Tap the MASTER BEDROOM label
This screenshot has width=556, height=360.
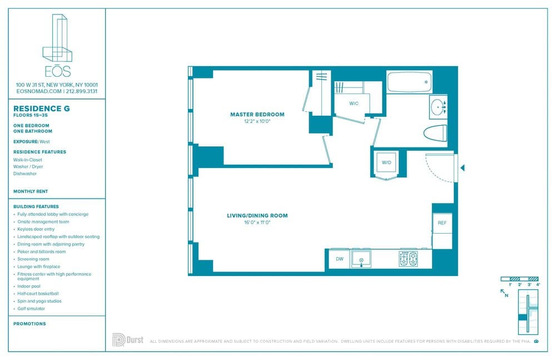(x=257, y=115)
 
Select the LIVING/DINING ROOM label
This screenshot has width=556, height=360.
(x=257, y=215)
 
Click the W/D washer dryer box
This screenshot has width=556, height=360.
(x=386, y=162)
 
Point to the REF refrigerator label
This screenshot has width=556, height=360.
(x=442, y=223)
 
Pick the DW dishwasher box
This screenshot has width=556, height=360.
(x=339, y=259)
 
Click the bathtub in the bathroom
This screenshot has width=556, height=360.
(x=409, y=82)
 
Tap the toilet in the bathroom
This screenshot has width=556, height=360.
(x=435, y=134)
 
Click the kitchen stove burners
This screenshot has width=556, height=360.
(x=408, y=259)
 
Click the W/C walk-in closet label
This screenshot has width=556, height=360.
(x=354, y=104)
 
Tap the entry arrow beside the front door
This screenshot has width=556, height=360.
(x=462, y=167)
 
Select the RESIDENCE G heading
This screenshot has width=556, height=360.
(x=42, y=109)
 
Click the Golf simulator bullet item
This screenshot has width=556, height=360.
(x=31, y=308)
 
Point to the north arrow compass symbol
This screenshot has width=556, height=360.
(x=504, y=293)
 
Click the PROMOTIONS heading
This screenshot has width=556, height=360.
(x=29, y=323)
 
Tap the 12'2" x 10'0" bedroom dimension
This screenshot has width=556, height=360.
(x=257, y=121)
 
